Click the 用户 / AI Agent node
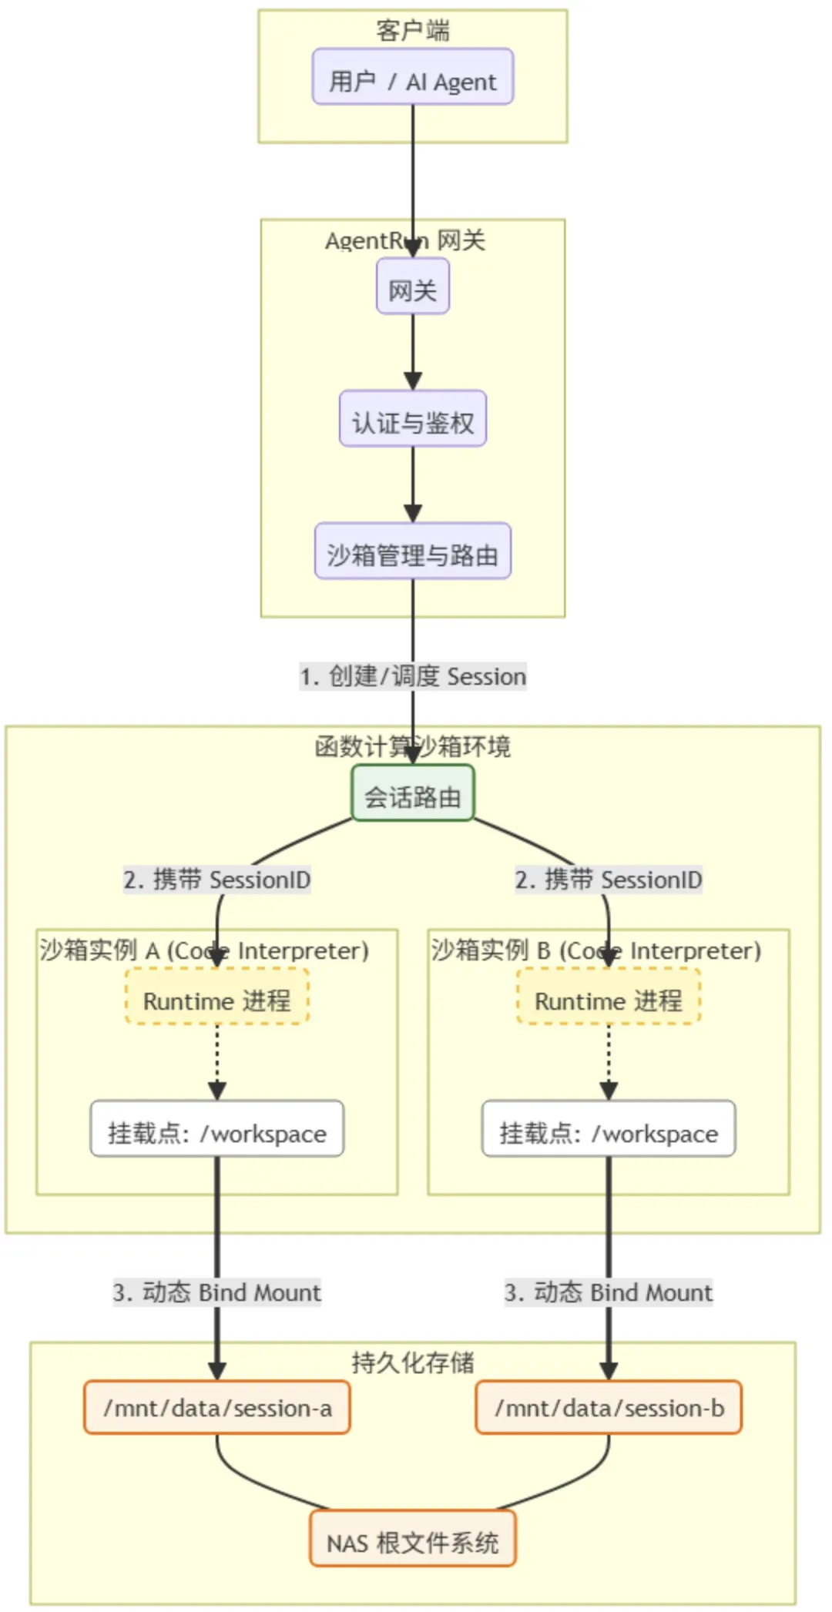point(412,77)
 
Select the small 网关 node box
point(412,287)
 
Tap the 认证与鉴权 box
point(412,419)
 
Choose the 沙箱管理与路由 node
point(412,551)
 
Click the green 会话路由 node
point(412,793)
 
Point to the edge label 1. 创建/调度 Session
point(413,676)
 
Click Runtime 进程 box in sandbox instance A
point(217,997)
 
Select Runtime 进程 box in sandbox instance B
point(609,997)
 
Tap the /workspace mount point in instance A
point(217,1129)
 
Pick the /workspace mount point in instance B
point(609,1129)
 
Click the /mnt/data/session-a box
point(217,1408)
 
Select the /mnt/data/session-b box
point(609,1408)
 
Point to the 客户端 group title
point(412,31)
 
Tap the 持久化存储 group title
point(412,1362)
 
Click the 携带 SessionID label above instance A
point(217,880)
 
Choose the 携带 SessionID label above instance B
point(609,880)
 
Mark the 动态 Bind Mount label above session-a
point(217,1292)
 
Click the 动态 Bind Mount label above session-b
point(609,1292)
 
